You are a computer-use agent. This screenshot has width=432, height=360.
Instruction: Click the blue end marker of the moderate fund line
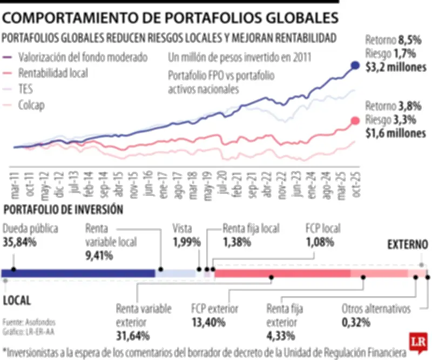[x=355, y=65]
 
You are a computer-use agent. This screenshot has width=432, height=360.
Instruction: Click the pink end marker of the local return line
[x=355, y=121]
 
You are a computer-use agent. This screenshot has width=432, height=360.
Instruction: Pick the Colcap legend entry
[x=31, y=105]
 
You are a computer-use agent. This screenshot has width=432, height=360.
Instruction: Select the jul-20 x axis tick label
[x=221, y=184]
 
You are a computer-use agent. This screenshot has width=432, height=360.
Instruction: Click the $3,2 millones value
[x=395, y=68]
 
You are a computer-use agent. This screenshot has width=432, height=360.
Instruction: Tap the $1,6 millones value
[x=395, y=133]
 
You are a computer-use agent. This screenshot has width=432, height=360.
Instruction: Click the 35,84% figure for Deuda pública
[x=20, y=242]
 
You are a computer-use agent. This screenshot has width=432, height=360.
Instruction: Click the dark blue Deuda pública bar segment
[x=79, y=274]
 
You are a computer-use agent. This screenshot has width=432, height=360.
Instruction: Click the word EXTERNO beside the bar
[x=407, y=245]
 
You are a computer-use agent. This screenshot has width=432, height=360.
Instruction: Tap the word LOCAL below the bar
[x=17, y=300]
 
